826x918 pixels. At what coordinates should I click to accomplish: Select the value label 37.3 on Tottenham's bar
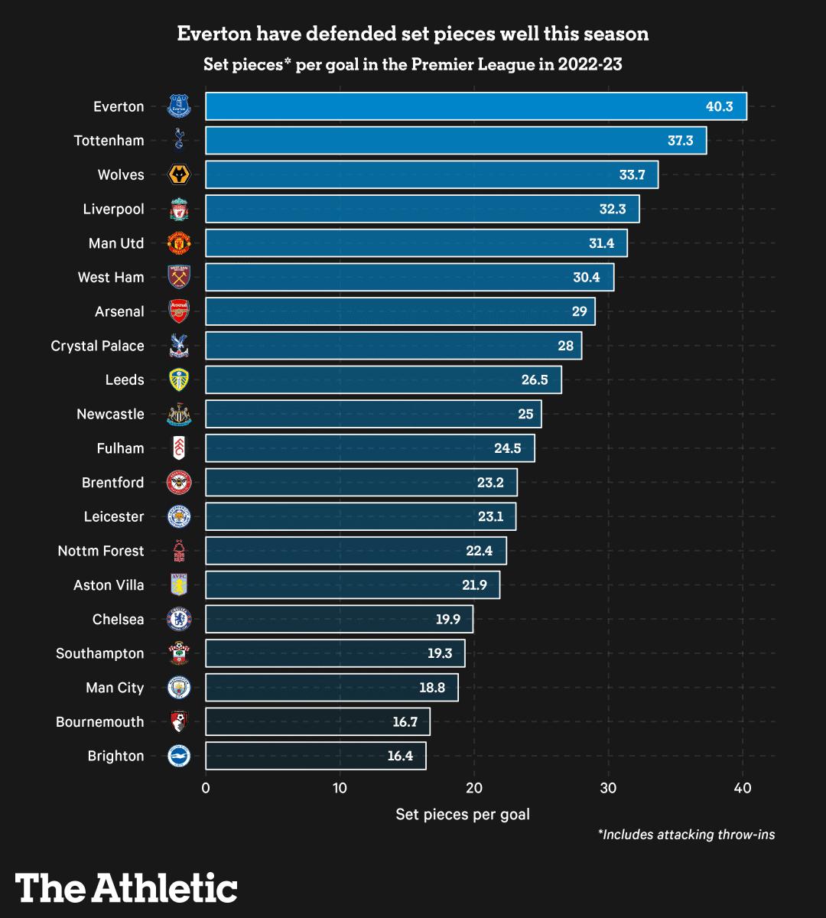680,141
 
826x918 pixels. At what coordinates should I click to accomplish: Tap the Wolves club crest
179,175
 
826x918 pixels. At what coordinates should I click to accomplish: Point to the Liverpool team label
114,209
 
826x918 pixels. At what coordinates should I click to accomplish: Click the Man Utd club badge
179,243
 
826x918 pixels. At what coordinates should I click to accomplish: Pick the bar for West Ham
409,277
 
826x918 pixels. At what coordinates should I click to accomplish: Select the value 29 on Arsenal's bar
579,311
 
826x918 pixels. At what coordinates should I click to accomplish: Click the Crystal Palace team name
98,346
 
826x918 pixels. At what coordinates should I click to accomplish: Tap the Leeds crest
179,379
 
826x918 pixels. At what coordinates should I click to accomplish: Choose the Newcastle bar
373,414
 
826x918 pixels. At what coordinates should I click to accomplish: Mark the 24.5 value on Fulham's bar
507,448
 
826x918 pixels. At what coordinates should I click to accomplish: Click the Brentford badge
179,482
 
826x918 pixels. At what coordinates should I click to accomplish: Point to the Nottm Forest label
101,551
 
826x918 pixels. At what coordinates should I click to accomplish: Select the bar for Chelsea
339,619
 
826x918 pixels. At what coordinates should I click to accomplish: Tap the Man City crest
179,687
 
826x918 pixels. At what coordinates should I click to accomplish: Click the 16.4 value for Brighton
400,756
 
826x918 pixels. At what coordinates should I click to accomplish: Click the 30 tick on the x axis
608,788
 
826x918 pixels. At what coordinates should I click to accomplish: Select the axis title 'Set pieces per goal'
463,814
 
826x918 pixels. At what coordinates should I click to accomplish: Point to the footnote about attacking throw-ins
686,835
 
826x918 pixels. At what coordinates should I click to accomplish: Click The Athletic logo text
126,888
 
